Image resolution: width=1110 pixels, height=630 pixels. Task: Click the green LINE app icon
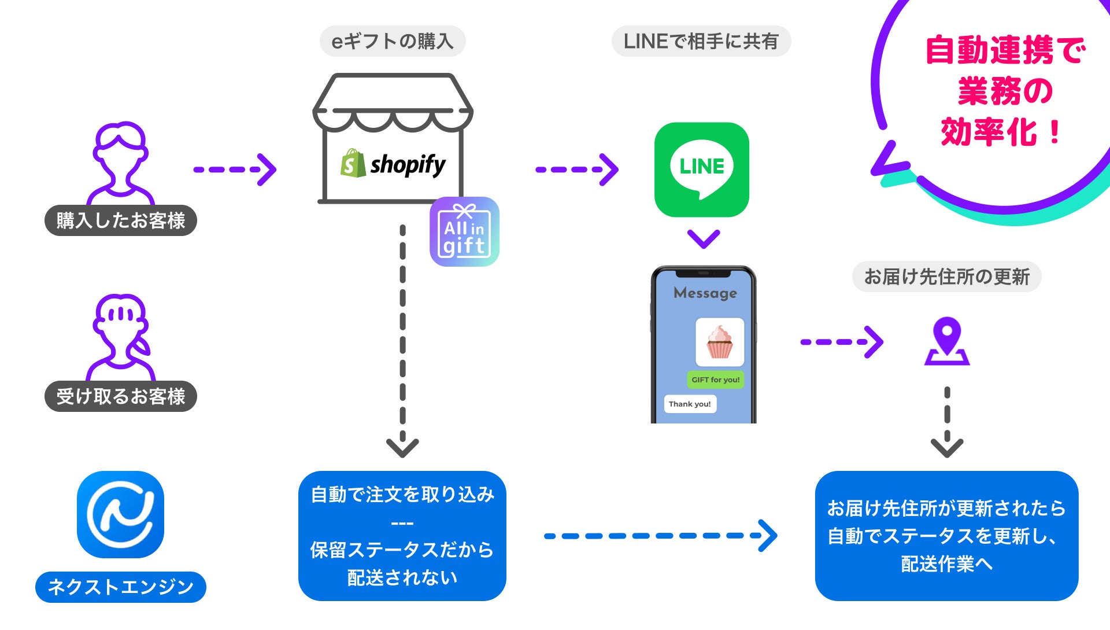coord(701,170)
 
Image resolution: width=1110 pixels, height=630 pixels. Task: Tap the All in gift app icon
coord(464,231)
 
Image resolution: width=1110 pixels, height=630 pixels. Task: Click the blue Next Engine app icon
coord(120,514)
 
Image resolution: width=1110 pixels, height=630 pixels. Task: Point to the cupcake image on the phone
coord(719,342)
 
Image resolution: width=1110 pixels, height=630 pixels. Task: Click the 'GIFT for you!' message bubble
coord(715,380)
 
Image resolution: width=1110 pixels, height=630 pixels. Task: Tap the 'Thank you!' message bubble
coord(690,404)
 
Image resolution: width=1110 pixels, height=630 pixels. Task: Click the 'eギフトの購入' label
coord(393,41)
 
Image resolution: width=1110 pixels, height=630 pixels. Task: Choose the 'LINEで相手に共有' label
coord(701,41)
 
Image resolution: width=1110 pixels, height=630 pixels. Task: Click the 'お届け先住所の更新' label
coord(946,277)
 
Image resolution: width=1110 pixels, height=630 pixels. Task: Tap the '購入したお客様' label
coord(120,220)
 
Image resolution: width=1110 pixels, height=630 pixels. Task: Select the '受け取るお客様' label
coord(120,396)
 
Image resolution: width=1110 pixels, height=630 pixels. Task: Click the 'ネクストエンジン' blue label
coord(120,587)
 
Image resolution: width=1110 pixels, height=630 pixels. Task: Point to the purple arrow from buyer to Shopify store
coord(235,170)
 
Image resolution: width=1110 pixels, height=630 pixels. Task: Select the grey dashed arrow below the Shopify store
coord(402,341)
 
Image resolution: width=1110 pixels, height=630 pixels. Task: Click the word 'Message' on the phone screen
coord(705,293)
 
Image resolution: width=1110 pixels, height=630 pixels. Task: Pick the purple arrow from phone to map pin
coord(841,342)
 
